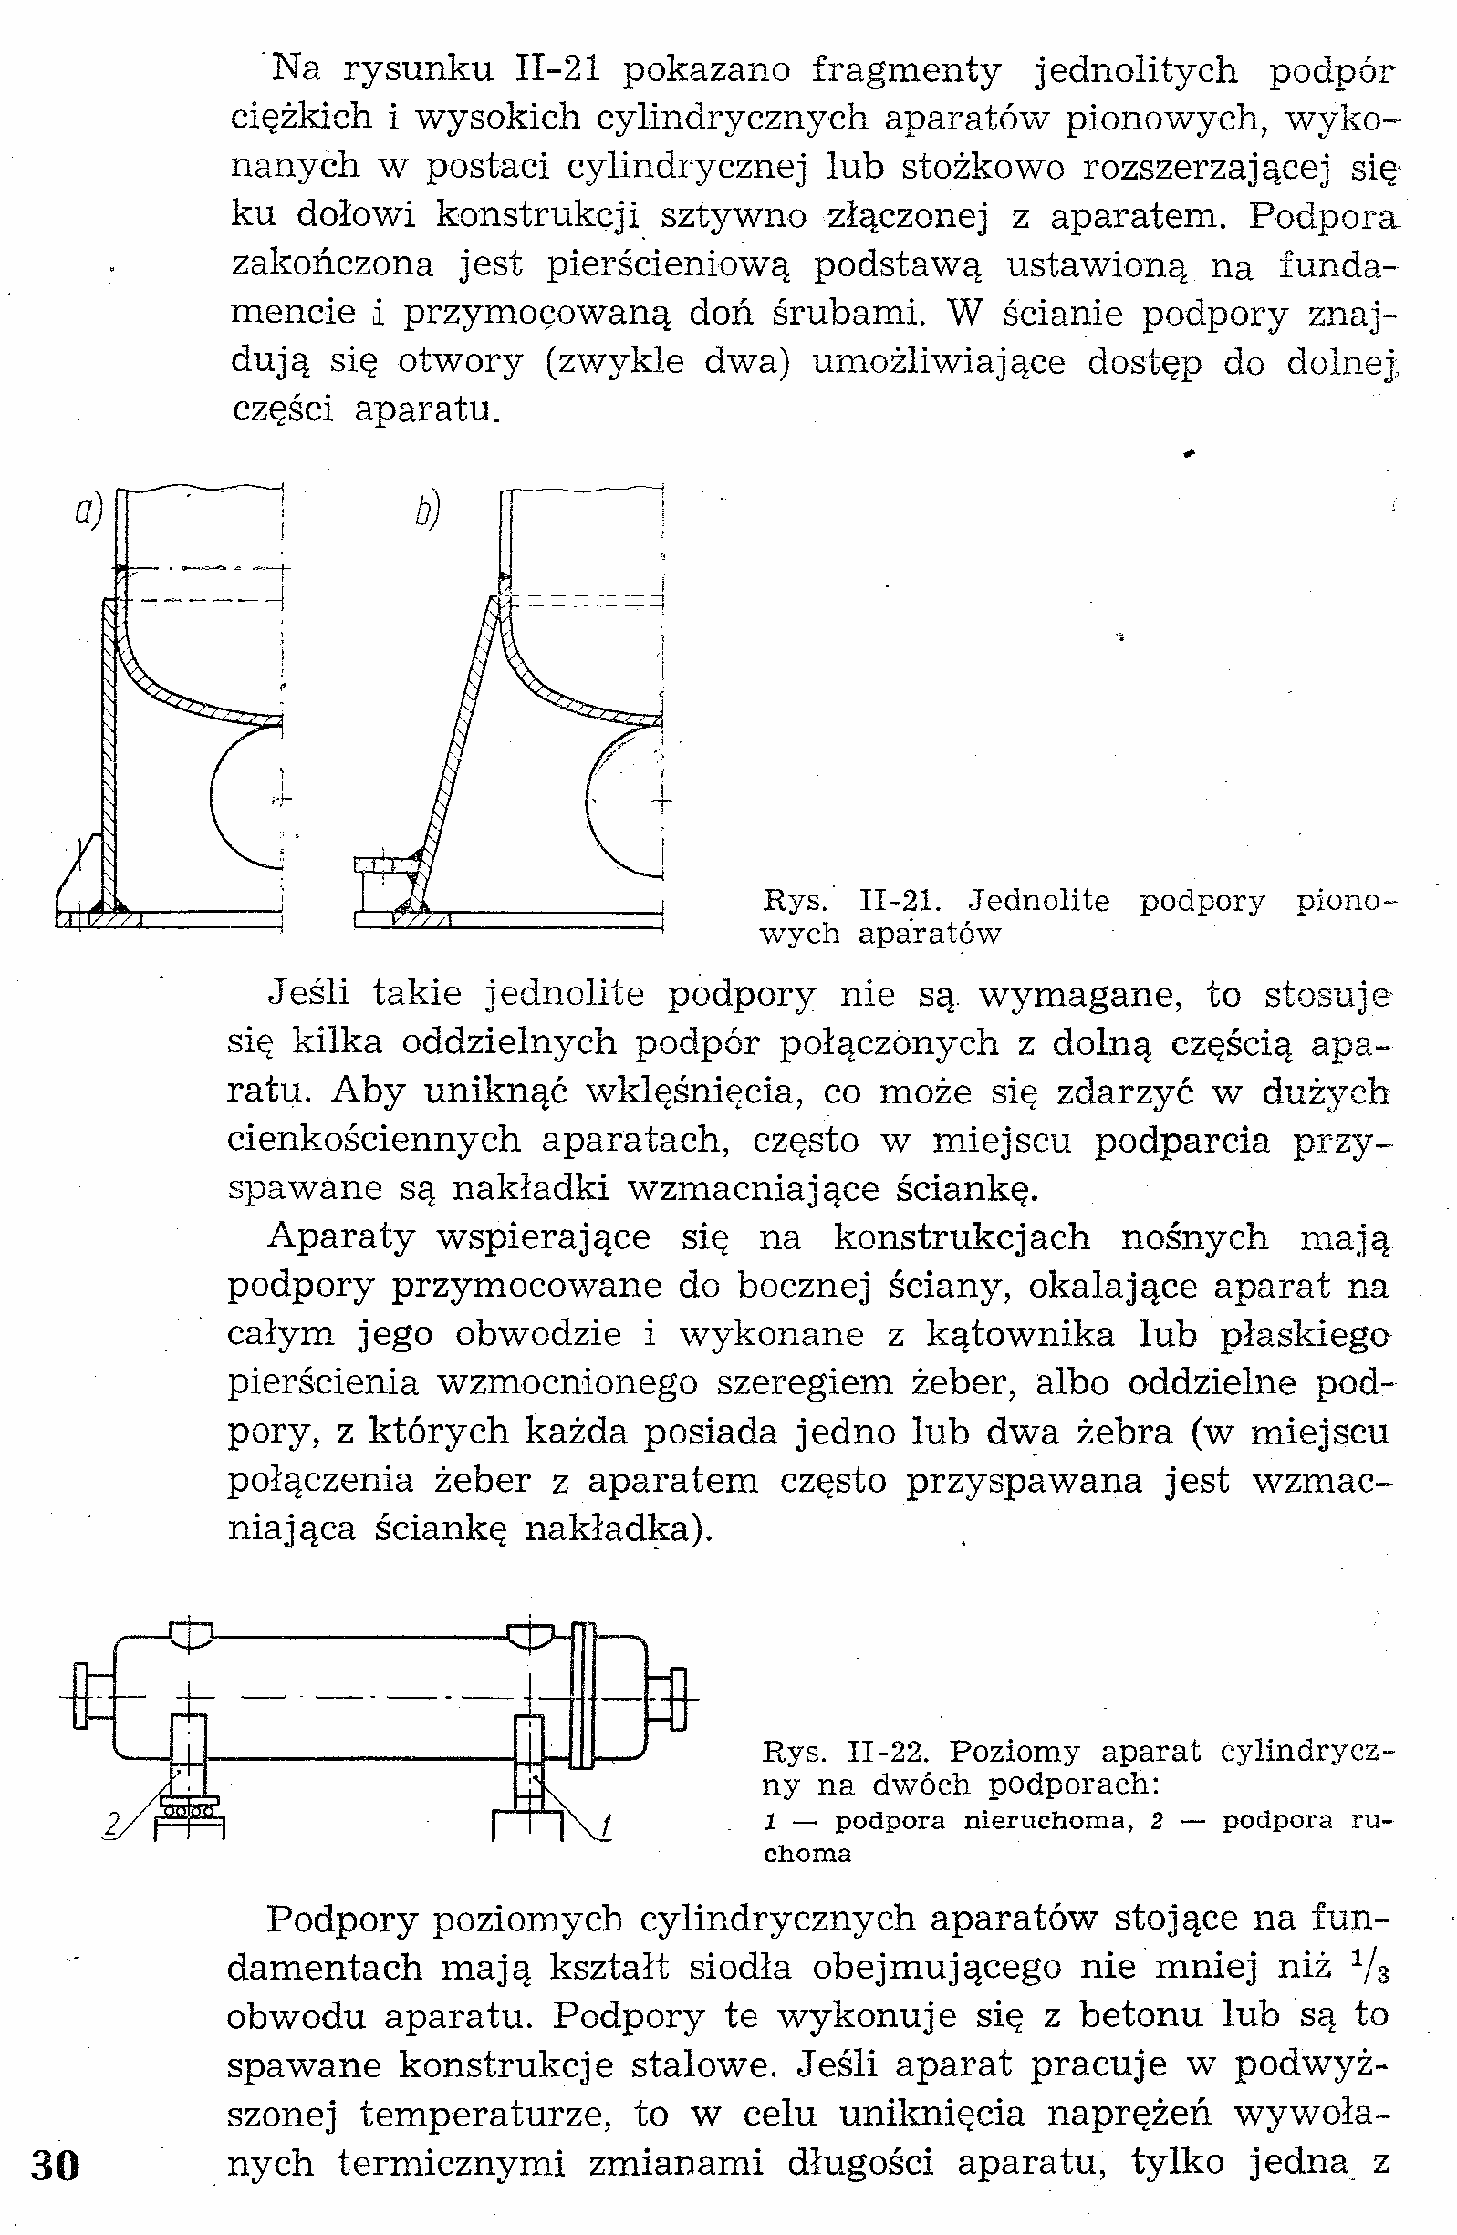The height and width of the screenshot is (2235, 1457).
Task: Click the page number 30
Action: pyautogui.click(x=56, y=2164)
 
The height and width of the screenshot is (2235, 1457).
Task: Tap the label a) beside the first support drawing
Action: pyautogui.click(x=88, y=511)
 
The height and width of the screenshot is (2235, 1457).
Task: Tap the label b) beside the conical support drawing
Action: pyautogui.click(x=426, y=511)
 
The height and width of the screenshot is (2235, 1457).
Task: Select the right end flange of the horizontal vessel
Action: pyautogui.click(x=679, y=1697)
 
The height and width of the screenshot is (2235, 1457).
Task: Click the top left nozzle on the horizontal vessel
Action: pyautogui.click(x=192, y=1635)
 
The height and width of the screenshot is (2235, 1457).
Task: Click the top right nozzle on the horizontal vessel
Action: pyautogui.click(x=531, y=1635)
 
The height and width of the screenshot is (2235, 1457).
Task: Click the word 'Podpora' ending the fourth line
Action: pyautogui.click(x=1323, y=216)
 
